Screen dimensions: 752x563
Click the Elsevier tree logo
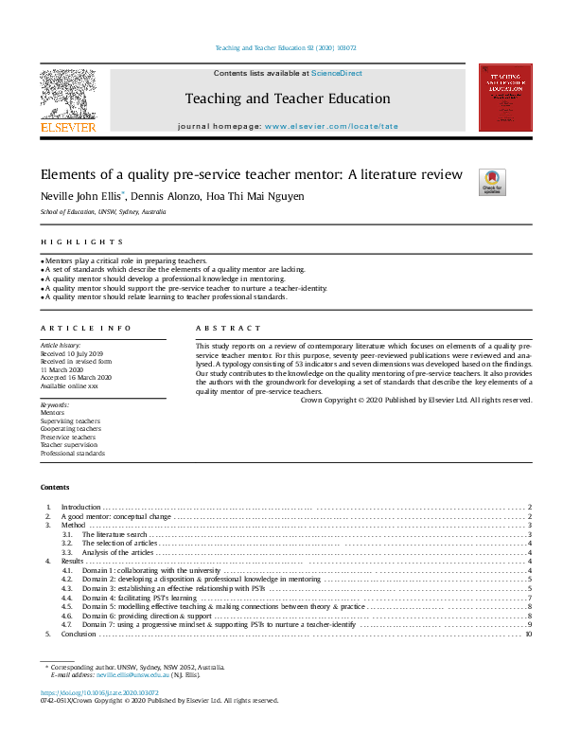coord(67,94)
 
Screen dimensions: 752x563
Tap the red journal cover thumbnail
coord(504,97)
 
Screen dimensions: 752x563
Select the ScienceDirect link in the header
coord(337,73)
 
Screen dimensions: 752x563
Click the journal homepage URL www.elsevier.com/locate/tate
coord(325,125)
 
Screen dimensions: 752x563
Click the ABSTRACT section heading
coord(228,328)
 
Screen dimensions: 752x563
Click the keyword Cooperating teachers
coord(70,428)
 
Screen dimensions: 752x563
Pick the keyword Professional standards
coord(72,454)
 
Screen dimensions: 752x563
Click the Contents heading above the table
coord(55,487)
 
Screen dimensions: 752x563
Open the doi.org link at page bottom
coord(90,692)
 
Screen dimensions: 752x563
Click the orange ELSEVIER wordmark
coord(67,126)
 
